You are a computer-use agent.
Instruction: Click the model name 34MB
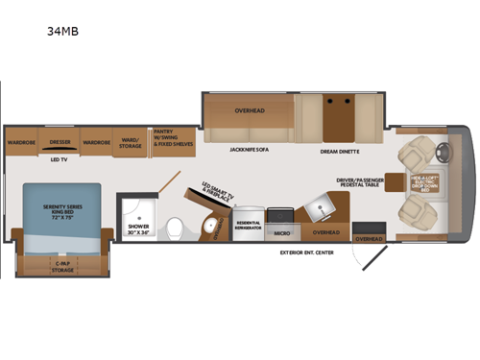[61, 30]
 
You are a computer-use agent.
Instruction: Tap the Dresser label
[60, 141]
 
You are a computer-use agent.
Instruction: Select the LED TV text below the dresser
[60, 160]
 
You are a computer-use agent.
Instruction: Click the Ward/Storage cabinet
[127, 141]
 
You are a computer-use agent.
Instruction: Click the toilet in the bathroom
[175, 228]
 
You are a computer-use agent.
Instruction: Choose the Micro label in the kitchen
[282, 232]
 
